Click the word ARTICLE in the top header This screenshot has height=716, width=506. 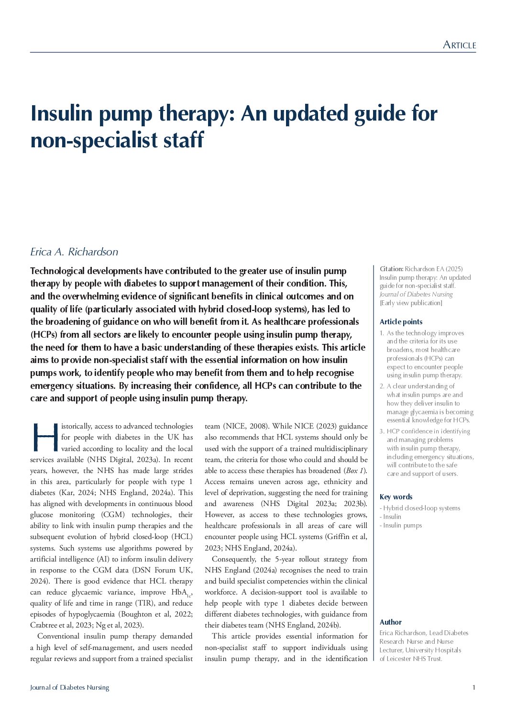459,45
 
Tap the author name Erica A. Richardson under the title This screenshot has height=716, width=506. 74,252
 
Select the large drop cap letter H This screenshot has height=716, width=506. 44,437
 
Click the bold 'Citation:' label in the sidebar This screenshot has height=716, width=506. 391,269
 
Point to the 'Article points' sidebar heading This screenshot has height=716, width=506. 401,322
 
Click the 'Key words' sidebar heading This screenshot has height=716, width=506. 396,497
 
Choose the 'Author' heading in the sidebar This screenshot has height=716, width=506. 390,622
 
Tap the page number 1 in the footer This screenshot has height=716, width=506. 473,687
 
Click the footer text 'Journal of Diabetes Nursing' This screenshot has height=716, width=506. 69,687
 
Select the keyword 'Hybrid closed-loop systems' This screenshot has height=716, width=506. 421,508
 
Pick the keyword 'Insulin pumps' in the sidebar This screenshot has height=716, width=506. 402,525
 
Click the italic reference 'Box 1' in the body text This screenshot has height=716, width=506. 354,471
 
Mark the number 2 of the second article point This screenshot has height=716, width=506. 382,386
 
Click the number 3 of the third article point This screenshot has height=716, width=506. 382,431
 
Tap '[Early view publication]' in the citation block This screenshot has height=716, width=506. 411,303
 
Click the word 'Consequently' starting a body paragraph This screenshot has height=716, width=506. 233,559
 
